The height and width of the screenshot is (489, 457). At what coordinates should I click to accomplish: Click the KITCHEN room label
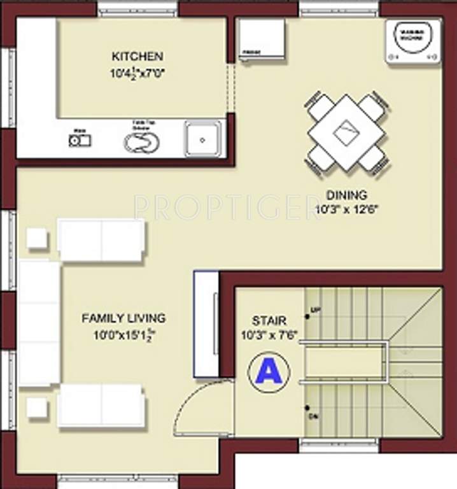click(x=137, y=57)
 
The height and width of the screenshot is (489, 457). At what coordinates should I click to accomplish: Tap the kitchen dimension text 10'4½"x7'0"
click(x=137, y=73)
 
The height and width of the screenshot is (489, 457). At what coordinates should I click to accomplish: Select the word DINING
click(x=346, y=195)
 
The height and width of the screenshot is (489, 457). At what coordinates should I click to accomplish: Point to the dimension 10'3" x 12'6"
click(x=346, y=209)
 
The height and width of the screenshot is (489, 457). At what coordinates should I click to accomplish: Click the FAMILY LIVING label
click(x=123, y=318)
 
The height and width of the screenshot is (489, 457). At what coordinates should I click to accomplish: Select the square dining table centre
click(x=346, y=132)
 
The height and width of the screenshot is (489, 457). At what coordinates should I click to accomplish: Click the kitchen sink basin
click(x=203, y=139)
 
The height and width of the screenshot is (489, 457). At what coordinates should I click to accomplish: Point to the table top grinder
click(x=142, y=141)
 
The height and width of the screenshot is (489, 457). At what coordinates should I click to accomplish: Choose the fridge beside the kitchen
click(x=262, y=39)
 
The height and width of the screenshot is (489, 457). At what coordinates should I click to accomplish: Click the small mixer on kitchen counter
click(x=80, y=139)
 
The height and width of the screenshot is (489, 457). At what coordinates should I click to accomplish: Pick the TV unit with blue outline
click(x=206, y=323)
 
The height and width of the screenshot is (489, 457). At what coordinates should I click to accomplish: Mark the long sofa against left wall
click(x=39, y=323)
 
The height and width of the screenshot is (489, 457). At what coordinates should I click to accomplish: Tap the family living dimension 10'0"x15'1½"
click(x=123, y=334)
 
